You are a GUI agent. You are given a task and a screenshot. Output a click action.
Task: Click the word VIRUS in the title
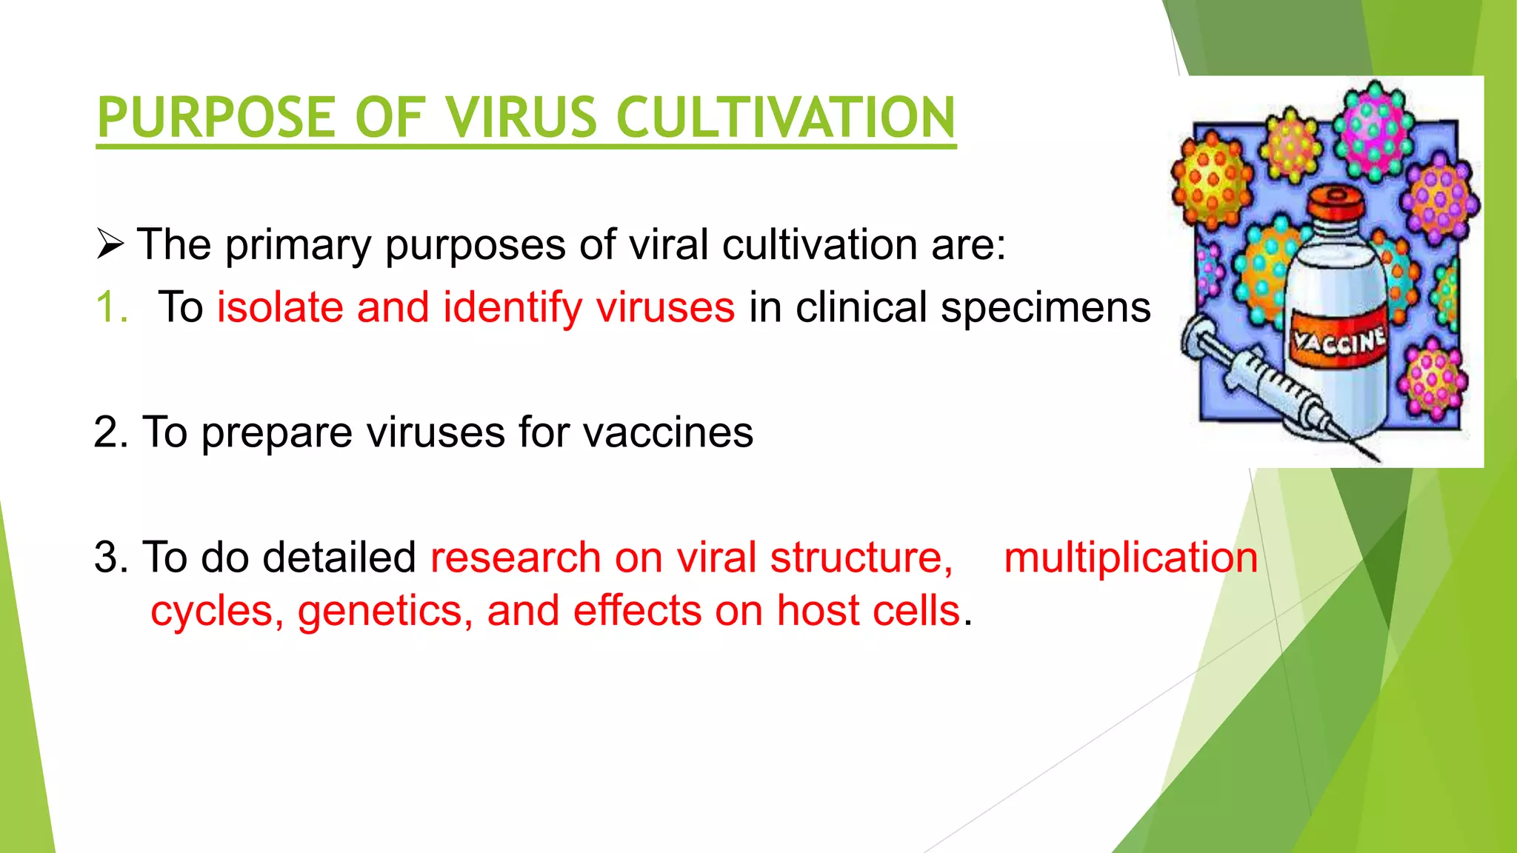(521, 118)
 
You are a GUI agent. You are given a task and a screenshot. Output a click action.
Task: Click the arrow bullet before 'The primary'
(110, 245)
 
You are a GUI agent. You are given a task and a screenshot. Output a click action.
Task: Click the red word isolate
(280, 307)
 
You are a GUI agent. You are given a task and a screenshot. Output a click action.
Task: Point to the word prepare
(276, 434)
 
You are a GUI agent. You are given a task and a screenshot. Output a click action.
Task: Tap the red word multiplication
(1130, 558)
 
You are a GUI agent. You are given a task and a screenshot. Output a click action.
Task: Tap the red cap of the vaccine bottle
(1336, 204)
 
